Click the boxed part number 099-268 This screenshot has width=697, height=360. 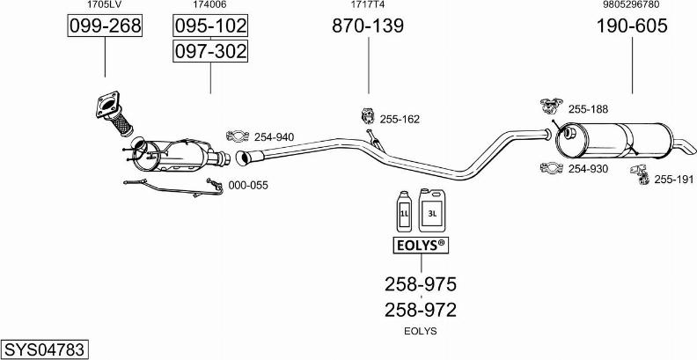pyautogui.click(x=105, y=26)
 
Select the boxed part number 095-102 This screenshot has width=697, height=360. pyautogui.click(x=210, y=26)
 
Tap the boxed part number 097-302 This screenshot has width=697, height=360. pyautogui.click(x=210, y=51)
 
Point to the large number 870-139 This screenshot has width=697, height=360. pyautogui.click(x=368, y=26)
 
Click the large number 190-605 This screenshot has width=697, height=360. pyautogui.click(x=632, y=26)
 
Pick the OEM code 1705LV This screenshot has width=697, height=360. pyautogui.click(x=105, y=5)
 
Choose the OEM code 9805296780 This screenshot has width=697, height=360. pyautogui.click(x=632, y=5)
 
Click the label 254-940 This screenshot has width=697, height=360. pyautogui.click(x=274, y=137)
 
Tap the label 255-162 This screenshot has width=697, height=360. pyautogui.click(x=400, y=119)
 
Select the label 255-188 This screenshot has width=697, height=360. pyautogui.click(x=588, y=109)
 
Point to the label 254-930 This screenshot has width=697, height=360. pyautogui.click(x=588, y=169)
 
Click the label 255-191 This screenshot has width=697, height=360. pyautogui.click(x=674, y=179)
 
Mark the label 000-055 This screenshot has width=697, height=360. pyautogui.click(x=248, y=186)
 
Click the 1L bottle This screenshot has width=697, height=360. pyautogui.click(x=404, y=211)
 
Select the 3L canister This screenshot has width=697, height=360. pyautogui.click(x=432, y=209)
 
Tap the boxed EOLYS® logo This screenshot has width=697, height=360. pyautogui.click(x=421, y=246)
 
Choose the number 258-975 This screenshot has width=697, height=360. pyautogui.click(x=421, y=284)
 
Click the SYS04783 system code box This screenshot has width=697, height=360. pyautogui.click(x=45, y=349)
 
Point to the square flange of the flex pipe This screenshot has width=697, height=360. pyautogui.click(x=108, y=104)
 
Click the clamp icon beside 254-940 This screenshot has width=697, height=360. pyautogui.click(x=238, y=136)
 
